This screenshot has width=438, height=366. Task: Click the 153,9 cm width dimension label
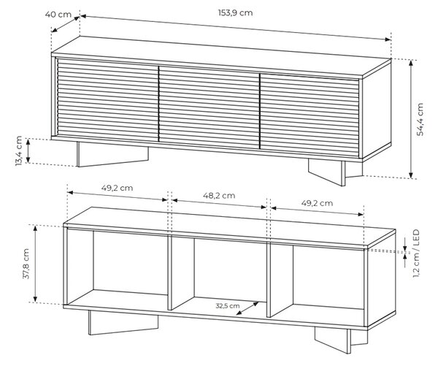[x=235, y=13]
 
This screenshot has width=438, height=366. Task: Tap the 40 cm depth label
[x=58, y=15]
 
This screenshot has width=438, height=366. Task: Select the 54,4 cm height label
[x=420, y=119]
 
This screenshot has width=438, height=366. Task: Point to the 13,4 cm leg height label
[x=19, y=150]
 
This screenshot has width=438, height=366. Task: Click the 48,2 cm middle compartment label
[x=219, y=196]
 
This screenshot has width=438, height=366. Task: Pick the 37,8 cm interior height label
[x=26, y=264]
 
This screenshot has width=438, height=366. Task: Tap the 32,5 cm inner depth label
[x=228, y=306]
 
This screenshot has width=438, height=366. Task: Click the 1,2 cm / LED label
[x=416, y=253]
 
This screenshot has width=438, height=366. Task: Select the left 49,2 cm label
[x=117, y=188]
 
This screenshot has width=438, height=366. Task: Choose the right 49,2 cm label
[x=317, y=203]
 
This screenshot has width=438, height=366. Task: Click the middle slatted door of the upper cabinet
[x=210, y=107]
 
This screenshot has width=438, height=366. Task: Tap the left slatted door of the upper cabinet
[x=108, y=100]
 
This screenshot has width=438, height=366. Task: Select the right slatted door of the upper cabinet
[x=310, y=115]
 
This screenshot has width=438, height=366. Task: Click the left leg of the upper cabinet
[x=112, y=155]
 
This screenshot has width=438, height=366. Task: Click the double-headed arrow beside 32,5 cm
[x=247, y=308]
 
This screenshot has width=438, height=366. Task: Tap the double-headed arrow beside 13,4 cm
[x=28, y=150]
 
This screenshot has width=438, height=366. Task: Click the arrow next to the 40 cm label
[x=66, y=24]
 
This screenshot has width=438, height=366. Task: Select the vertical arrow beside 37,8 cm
[x=36, y=263]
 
